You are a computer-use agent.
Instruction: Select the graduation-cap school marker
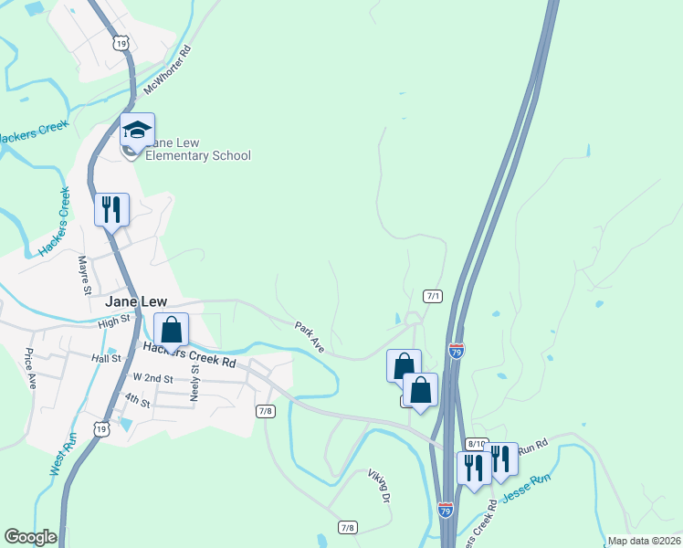[x=137, y=131]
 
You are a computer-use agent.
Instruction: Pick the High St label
[x=115, y=322]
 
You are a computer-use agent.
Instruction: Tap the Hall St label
[x=106, y=359]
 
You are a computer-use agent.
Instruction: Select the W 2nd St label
[x=152, y=376]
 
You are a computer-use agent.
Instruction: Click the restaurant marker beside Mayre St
[x=112, y=209]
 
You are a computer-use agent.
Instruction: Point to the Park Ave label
[x=310, y=336]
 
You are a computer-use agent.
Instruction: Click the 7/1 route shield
[x=433, y=296]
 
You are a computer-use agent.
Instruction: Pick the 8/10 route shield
[x=476, y=444]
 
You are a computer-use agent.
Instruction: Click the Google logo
[x=30, y=538]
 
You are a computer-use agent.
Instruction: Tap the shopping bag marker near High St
[x=171, y=330]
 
